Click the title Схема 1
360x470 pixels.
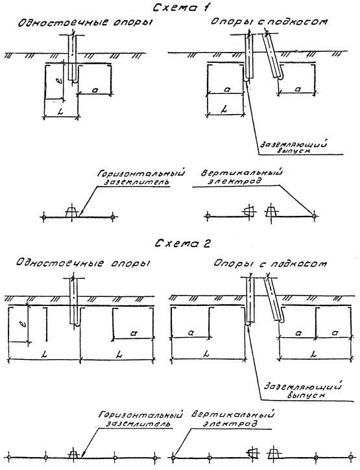point(181,7)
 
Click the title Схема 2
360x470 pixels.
point(183,244)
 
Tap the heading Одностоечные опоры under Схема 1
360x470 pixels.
point(85,23)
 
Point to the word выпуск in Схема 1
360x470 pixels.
point(293,151)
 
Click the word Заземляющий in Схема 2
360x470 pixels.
point(302,386)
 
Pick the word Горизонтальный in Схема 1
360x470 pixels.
point(141,174)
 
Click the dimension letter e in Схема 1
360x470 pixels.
point(59,81)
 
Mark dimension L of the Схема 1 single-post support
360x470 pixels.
point(60,112)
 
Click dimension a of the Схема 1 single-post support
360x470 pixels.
point(95,89)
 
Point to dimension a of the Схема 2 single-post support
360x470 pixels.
point(134,333)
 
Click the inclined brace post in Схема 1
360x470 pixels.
point(272,55)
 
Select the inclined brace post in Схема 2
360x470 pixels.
point(274,299)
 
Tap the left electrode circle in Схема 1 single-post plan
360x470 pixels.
point(44,217)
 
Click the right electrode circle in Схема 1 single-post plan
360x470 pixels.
point(112,217)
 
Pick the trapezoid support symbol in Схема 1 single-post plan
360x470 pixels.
point(72,211)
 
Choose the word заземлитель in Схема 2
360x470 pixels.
point(138,424)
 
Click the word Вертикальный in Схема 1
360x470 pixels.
point(242,174)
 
